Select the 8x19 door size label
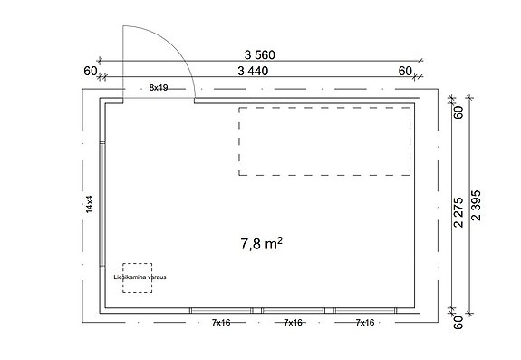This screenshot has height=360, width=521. pos(159,88)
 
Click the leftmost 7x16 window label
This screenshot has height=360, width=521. pos(223,323)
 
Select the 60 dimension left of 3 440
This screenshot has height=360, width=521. pos(90,70)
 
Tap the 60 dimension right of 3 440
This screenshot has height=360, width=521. pos(404,70)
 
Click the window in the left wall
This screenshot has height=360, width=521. pos(103,205)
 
